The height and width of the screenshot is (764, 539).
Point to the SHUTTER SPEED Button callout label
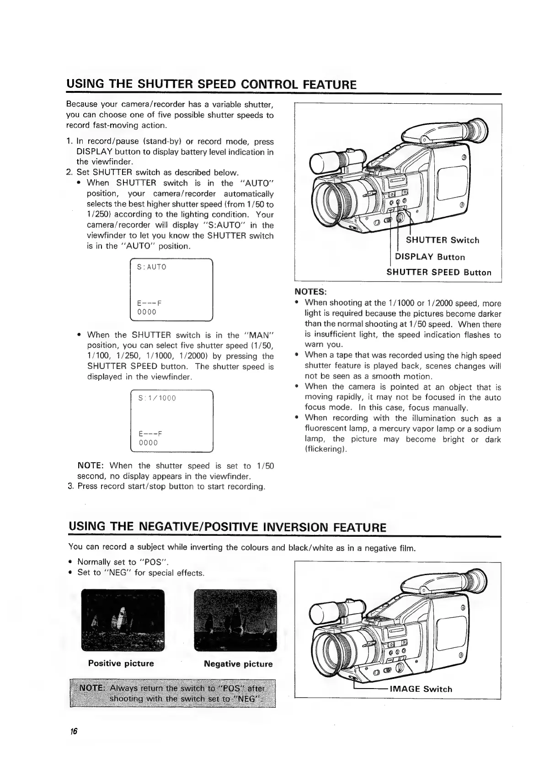[439, 272]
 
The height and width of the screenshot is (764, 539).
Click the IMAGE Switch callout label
[420, 689]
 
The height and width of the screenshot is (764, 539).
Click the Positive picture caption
[121, 663]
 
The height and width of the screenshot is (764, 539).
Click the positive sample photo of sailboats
[123, 620]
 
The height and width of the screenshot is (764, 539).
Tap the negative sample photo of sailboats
[235, 620]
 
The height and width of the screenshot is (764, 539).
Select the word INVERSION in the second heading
[290, 527]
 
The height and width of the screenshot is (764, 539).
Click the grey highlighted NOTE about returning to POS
[172, 694]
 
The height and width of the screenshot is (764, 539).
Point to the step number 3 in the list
[70, 486]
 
